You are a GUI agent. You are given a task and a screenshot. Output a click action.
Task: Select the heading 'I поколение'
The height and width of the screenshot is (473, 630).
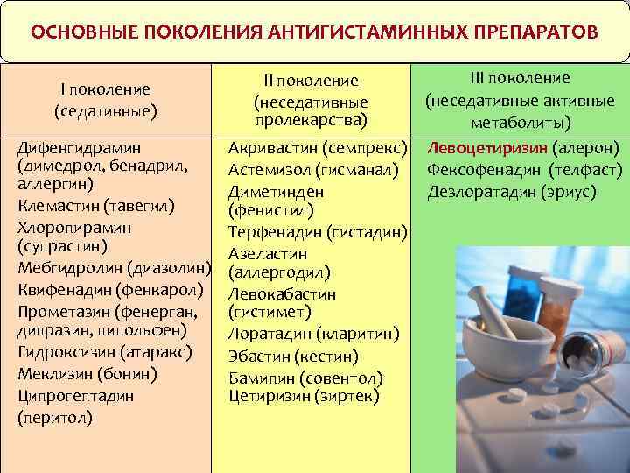(105, 89)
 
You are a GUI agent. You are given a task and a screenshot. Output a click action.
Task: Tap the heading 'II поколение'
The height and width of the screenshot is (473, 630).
(311, 81)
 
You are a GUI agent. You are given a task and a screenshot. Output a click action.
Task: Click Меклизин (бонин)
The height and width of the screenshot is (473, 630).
(87, 374)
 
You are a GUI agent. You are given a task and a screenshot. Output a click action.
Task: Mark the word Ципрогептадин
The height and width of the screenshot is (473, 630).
(76, 395)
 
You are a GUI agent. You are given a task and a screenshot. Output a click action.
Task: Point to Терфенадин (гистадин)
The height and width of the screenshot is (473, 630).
(318, 232)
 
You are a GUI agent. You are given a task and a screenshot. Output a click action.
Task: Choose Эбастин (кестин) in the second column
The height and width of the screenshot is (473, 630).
(292, 357)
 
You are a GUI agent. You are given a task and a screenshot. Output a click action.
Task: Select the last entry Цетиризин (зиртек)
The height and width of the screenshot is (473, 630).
(303, 397)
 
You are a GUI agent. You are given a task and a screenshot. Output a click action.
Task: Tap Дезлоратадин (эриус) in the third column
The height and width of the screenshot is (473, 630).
(512, 190)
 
